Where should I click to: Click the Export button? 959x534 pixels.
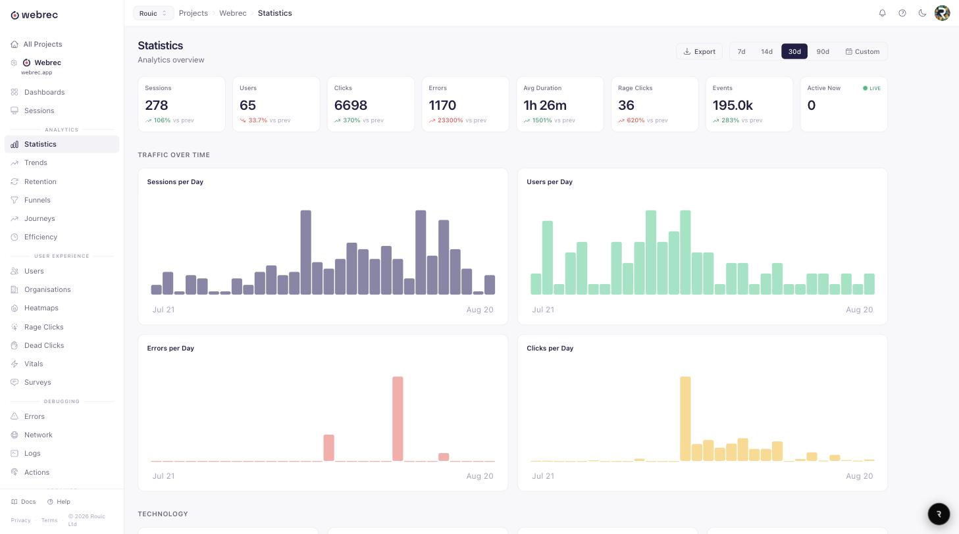click(x=699, y=51)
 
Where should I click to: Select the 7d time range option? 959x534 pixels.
click(x=741, y=51)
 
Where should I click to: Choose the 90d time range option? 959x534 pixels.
click(x=823, y=51)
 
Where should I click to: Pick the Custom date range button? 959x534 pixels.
click(x=862, y=51)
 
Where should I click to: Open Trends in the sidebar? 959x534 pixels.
click(x=36, y=162)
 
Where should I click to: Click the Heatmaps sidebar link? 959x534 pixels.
click(x=41, y=308)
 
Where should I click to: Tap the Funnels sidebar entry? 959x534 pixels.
click(x=38, y=200)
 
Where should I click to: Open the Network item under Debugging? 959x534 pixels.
click(x=38, y=435)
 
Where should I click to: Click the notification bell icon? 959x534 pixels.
click(x=883, y=13)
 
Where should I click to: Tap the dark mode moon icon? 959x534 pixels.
click(x=922, y=13)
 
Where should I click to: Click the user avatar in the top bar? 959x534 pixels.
click(x=942, y=13)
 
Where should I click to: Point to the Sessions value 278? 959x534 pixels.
click(x=156, y=105)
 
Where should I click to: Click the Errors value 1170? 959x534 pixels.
click(x=442, y=105)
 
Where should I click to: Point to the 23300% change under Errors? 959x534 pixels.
click(x=450, y=120)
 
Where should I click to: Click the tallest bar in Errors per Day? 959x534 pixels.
click(x=398, y=418)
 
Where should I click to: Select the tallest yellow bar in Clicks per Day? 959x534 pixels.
click(x=685, y=418)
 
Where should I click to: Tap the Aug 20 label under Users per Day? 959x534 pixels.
click(x=859, y=309)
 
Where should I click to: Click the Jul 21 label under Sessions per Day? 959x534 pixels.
click(x=163, y=309)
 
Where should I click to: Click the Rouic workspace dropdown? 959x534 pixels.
click(x=153, y=13)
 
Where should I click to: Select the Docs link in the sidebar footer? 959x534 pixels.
click(x=24, y=502)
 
